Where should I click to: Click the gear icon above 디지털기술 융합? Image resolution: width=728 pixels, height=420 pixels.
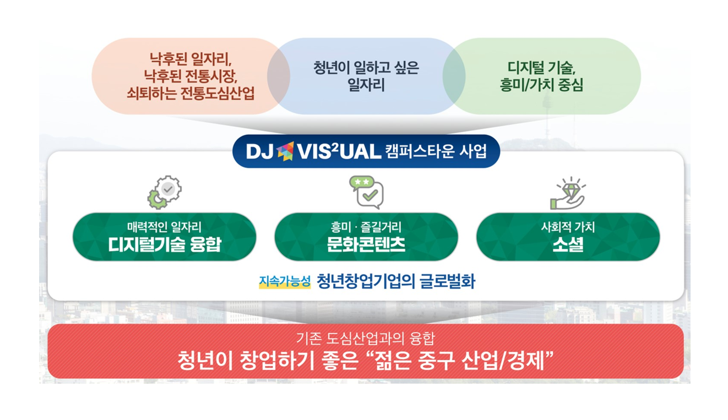coord(165,192)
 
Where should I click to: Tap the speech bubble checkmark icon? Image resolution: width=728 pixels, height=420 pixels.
coord(367,192)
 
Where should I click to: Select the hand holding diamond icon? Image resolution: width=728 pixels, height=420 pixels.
coord(568,193)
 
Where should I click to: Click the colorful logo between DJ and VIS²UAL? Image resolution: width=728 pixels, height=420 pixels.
coord(285,151)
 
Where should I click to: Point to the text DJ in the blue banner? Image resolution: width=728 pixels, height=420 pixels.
coord(259,152)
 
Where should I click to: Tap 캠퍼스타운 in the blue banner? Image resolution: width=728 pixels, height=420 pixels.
coord(419,151)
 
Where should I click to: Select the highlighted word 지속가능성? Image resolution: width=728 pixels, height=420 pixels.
coord(285,281)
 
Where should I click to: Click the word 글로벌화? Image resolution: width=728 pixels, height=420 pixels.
coord(447,281)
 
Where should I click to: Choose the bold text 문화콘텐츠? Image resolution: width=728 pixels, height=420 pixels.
coord(366,244)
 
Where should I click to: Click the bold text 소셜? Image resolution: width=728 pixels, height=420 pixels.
coord(568,244)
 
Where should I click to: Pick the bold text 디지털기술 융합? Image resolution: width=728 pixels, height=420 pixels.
coord(165,244)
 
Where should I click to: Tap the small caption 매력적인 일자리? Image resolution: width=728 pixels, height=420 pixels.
coord(165,227)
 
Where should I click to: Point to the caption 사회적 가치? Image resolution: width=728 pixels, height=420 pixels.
coord(568,227)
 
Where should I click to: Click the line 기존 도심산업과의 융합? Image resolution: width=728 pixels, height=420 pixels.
coord(366,339)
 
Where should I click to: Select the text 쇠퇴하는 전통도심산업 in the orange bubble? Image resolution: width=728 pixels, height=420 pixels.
coord(191,93)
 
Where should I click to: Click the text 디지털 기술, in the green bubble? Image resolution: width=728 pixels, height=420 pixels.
coord(541,68)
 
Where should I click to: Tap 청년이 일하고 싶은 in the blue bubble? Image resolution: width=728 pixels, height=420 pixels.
coord(366,68)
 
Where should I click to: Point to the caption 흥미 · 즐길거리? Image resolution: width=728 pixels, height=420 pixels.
coord(366,227)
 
